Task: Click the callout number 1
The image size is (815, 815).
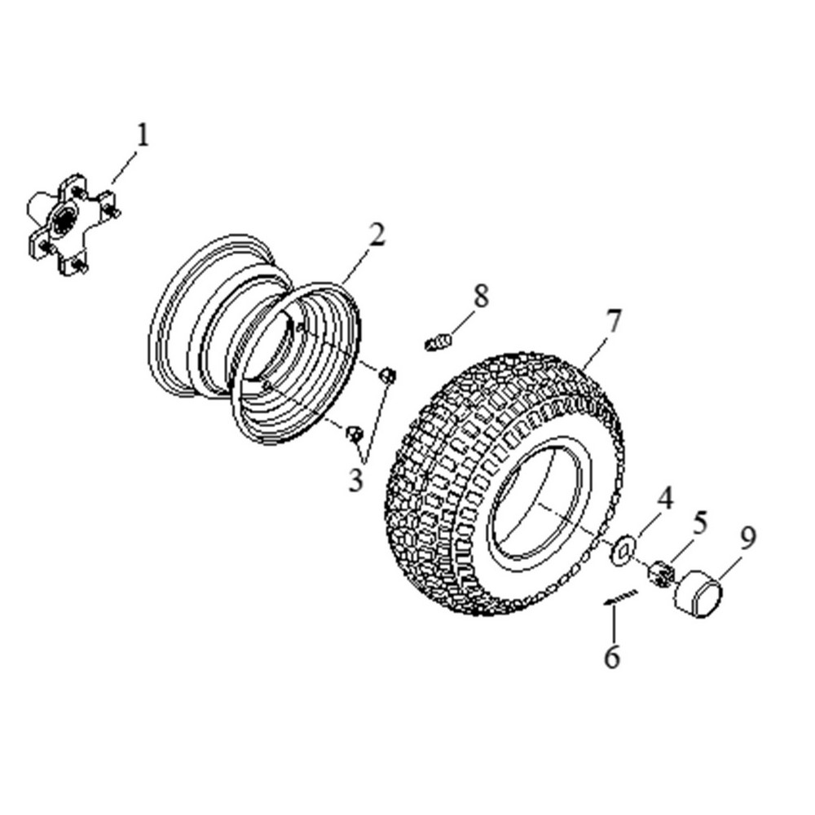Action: pyautogui.click(x=143, y=135)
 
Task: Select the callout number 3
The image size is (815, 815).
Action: pyautogui.click(x=355, y=480)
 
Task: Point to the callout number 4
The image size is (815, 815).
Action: pyautogui.click(x=665, y=498)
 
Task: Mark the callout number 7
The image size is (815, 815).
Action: pyautogui.click(x=614, y=320)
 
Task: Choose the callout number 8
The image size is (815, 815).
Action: pyautogui.click(x=482, y=297)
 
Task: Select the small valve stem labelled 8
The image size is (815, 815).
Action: pyautogui.click(x=438, y=342)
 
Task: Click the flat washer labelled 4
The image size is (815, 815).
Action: pyautogui.click(x=622, y=548)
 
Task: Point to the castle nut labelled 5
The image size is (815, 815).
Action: pyautogui.click(x=661, y=573)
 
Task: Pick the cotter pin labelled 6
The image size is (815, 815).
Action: pyautogui.click(x=620, y=597)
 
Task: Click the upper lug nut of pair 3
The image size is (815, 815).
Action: pyautogui.click(x=387, y=375)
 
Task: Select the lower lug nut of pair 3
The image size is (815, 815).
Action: pyautogui.click(x=355, y=434)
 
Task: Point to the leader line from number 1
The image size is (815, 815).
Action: pyautogui.click(x=124, y=167)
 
